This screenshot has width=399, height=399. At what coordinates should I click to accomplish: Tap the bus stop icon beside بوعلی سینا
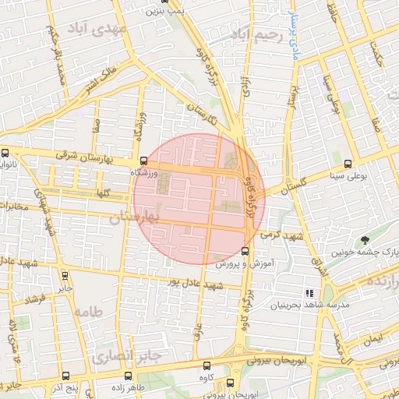click(x=348, y=164)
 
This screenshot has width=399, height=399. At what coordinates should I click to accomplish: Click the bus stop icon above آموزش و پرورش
click(x=245, y=251)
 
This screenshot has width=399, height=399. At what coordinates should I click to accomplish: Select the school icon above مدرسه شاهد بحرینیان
click(x=309, y=292)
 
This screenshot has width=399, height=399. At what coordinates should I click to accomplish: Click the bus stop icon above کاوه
click(x=207, y=365)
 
